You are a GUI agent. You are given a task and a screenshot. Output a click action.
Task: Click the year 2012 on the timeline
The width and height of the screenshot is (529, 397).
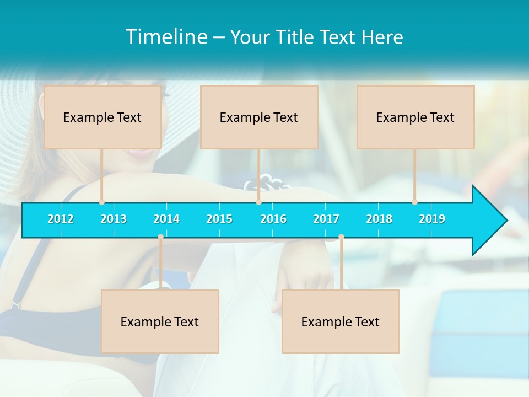pyautogui.click(x=61, y=219)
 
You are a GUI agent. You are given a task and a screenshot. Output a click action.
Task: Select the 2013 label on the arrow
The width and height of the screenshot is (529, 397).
pyautogui.click(x=114, y=219)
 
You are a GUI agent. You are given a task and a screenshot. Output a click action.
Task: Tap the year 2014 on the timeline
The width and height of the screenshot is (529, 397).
pyautogui.click(x=166, y=219)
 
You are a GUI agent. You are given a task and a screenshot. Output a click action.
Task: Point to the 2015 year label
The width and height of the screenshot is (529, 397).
pyautogui.click(x=219, y=219)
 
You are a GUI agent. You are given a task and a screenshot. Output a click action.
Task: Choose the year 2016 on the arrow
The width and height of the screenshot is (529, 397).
pyautogui.click(x=273, y=219)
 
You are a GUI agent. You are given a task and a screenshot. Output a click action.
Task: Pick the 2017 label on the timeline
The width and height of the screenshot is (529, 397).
pyautogui.click(x=326, y=219)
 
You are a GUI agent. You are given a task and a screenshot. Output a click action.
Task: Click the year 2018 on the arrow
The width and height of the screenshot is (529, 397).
pyautogui.click(x=379, y=219)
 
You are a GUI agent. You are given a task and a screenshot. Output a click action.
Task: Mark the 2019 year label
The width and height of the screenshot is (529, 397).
pyautogui.click(x=432, y=219)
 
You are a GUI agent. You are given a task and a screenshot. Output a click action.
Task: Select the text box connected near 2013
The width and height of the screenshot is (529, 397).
pyautogui.click(x=102, y=117)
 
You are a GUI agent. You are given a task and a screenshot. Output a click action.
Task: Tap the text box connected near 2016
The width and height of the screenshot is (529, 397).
pyautogui.click(x=259, y=117)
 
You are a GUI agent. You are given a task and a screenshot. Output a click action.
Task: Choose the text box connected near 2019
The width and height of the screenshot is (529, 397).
pyautogui.click(x=415, y=117)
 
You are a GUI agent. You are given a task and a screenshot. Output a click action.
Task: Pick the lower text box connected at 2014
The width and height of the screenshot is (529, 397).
pyautogui.click(x=160, y=321)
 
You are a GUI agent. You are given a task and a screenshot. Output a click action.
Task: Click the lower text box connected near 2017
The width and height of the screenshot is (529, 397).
pyautogui.click(x=341, y=321)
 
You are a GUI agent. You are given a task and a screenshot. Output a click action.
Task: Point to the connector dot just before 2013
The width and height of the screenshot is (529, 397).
pyautogui.click(x=102, y=202)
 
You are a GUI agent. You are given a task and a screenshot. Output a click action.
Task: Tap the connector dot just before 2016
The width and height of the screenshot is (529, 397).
pyautogui.click(x=258, y=202)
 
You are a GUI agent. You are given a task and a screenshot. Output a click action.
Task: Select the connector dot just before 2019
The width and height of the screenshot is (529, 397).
pyautogui.click(x=414, y=202)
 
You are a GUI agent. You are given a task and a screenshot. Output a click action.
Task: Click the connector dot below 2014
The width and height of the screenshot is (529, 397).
pyautogui.click(x=160, y=237)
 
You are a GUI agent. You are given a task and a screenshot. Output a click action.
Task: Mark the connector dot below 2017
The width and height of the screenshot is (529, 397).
pyautogui.click(x=341, y=237)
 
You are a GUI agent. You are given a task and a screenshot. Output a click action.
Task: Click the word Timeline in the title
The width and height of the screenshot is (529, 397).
pyautogui.click(x=166, y=36)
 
